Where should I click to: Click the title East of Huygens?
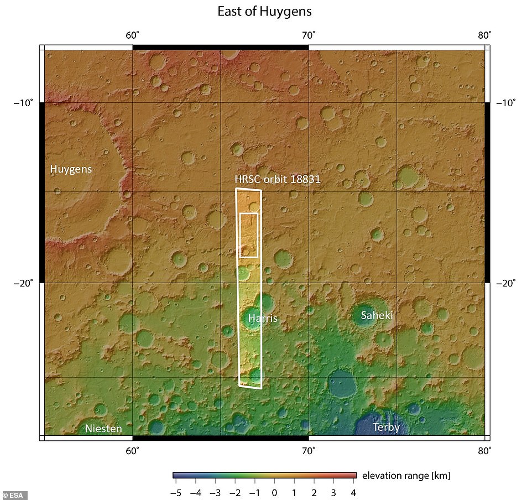[x=264, y=11]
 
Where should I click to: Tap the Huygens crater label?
[x=71, y=169]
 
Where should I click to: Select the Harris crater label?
[x=262, y=319]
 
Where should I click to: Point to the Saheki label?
[x=377, y=315]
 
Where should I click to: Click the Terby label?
[x=386, y=427]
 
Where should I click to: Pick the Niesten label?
[x=103, y=429]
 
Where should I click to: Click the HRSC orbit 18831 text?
[x=278, y=180]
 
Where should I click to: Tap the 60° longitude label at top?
[x=132, y=36]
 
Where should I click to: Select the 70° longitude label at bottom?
[x=309, y=450]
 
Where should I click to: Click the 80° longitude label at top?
[x=484, y=36]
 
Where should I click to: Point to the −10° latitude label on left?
[x=23, y=102]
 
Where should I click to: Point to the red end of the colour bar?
[x=352, y=475]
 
